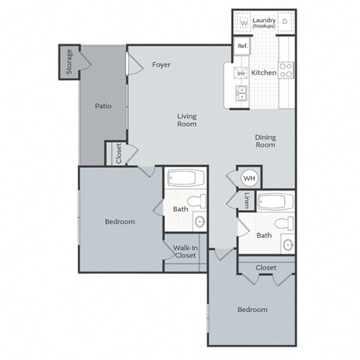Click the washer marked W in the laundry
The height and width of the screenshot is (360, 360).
pyautogui.click(x=244, y=23)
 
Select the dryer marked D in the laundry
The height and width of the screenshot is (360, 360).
pyautogui.click(x=284, y=23)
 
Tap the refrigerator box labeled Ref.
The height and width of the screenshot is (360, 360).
pyautogui.click(x=242, y=46)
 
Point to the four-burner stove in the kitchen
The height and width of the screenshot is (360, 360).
pyautogui.click(x=286, y=70)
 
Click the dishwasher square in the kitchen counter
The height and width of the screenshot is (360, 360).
pyautogui.click(x=241, y=73)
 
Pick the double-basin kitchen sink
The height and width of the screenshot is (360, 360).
pyautogui.click(x=241, y=94)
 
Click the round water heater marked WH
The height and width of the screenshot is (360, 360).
pyautogui.click(x=248, y=178)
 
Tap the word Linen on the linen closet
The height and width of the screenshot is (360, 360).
pyautogui.click(x=247, y=200)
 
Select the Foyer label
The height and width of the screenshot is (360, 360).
pyautogui.click(x=161, y=65)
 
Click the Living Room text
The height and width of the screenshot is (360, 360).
pyautogui.click(x=187, y=119)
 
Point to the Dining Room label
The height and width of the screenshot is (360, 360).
pyautogui.click(x=265, y=140)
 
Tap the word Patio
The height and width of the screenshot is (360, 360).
pyautogui.click(x=103, y=106)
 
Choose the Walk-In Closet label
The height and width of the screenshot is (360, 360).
pyautogui.click(x=184, y=251)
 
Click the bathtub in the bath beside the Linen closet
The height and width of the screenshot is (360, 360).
pyautogui.click(x=275, y=202)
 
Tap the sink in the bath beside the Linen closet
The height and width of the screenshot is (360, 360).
pyautogui.click(x=287, y=245)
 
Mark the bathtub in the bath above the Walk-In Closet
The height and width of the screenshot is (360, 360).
pyautogui.click(x=184, y=178)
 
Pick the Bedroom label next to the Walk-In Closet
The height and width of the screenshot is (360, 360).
pyautogui.click(x=119, y=221)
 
